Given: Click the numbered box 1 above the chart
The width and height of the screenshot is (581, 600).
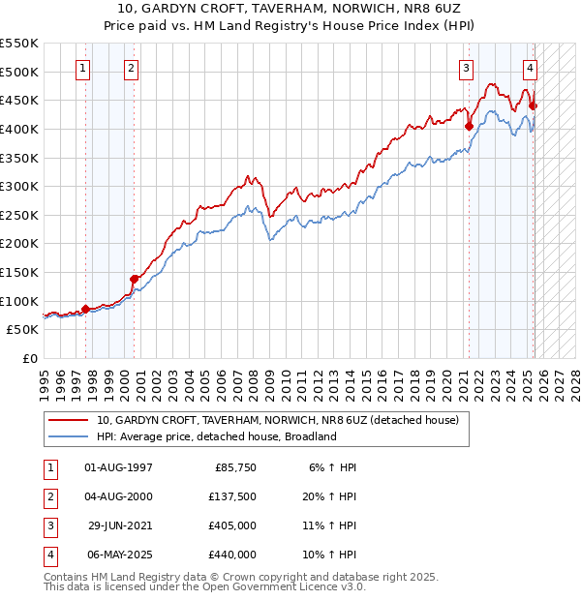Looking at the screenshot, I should click(83, 68).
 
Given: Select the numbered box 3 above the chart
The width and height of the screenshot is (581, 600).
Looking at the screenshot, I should click(466, 68).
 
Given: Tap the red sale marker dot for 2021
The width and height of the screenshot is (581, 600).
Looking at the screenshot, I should click(469, 126).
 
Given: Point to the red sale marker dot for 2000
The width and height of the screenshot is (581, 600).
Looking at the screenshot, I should click(135, 279).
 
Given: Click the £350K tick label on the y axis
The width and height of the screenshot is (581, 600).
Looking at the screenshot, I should click(19, 158).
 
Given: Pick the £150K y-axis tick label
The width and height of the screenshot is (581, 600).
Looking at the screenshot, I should click(19, 272).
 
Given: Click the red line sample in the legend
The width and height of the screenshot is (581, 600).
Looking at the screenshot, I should click(69, 420).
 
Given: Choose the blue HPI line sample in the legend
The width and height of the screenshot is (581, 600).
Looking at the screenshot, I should click(69, 436).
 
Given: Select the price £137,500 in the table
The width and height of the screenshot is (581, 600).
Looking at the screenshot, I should click(233, 497).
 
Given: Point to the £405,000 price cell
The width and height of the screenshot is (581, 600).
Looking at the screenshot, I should click(233, 527).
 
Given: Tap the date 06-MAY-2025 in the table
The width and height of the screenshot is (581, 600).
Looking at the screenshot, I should click(118, 556).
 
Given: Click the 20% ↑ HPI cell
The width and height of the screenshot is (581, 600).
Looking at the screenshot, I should click(329, 497).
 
